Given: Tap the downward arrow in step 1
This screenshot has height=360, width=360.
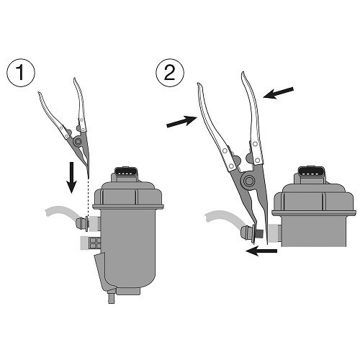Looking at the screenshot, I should (x=71, y=177).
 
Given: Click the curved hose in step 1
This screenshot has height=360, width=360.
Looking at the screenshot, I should (x=59, y=213).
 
